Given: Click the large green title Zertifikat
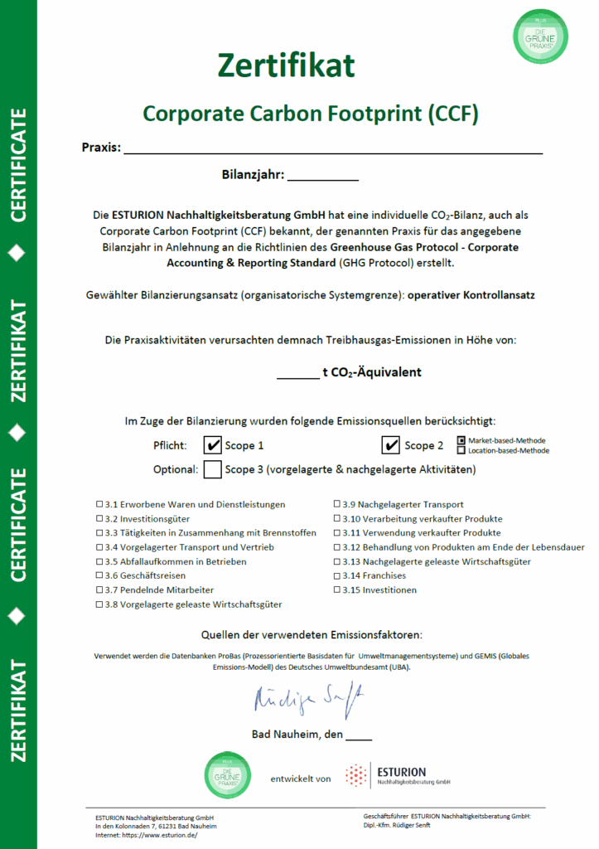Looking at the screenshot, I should point(286,65).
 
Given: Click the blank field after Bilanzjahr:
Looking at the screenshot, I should point(322,175).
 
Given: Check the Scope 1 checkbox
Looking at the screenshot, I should point(212,445).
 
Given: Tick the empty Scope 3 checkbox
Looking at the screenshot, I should point(212,469).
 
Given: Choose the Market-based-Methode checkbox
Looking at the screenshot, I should point(461,440).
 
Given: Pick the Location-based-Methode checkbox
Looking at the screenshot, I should point(461,450).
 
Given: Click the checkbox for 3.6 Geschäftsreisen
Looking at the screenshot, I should point(99,575).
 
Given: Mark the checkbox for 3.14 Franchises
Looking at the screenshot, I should point(337,575).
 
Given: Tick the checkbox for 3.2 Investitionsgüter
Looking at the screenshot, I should point(99,518).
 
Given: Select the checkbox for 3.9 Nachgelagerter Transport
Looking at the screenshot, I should point(337,504).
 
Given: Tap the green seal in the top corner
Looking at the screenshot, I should point(541,36).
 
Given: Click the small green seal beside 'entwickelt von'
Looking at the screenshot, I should point(228,775).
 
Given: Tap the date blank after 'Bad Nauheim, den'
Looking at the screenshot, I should point(359,735).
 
